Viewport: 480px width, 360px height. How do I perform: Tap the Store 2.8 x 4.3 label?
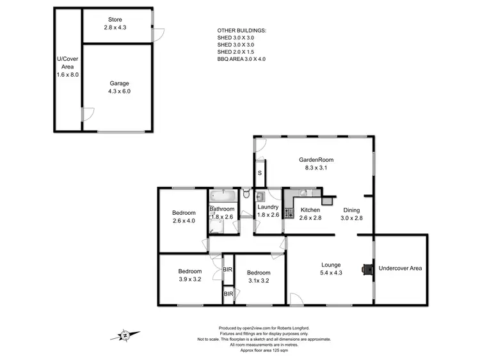(x=115, y=24)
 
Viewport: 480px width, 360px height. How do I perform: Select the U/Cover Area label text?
(x=67, y=67)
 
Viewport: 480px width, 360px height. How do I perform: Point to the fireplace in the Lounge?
(x=365, y=269)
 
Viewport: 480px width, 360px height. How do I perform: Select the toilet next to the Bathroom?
(x=246, y=194)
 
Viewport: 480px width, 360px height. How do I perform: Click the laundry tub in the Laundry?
(x=260, y=196)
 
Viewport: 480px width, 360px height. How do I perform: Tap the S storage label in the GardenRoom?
(x=259, y=173)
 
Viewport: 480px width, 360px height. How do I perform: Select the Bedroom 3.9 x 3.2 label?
(x=190, y=275)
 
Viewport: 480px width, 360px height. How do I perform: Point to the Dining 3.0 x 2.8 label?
(x=353, y=214)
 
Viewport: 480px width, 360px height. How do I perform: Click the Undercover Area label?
(x=400, y=268)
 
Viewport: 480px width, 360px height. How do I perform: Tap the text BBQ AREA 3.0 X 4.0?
(x=241, y=59)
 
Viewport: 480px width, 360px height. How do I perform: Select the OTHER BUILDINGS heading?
(x=243, y=30)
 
